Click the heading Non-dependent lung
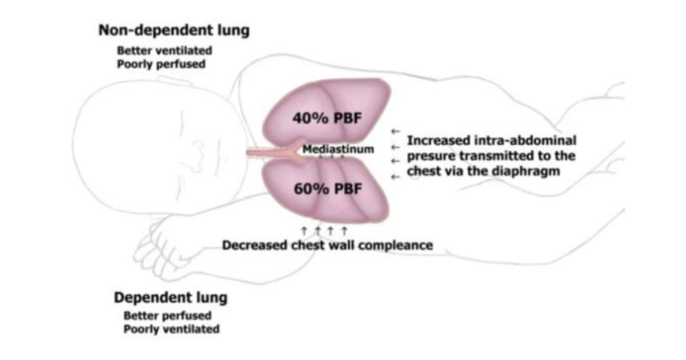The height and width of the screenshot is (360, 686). click(174, 31)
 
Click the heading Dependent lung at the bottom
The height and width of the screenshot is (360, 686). click(170, 298)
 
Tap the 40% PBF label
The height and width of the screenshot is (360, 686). click(327, 118)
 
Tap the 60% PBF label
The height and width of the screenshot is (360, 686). click(328, 189)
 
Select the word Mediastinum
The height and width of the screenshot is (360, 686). click(338, 149)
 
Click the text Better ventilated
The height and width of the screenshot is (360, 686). click(165, 50)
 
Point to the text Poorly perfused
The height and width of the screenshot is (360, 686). click(161, 64)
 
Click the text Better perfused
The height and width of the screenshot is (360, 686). click(167, 315)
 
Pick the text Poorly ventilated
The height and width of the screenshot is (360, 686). click(171, 329)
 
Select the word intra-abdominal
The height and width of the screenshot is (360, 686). click(525, 141)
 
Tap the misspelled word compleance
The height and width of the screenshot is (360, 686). click(396, 246)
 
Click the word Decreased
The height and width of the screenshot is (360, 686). click(255, 245)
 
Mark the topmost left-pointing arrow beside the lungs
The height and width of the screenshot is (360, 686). click(396, 131)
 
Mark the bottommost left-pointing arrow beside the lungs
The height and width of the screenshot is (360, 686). click(396, 177)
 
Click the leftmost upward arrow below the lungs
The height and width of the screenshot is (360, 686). click(304, 231)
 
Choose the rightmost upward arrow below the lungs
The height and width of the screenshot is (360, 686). click(344, 231)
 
